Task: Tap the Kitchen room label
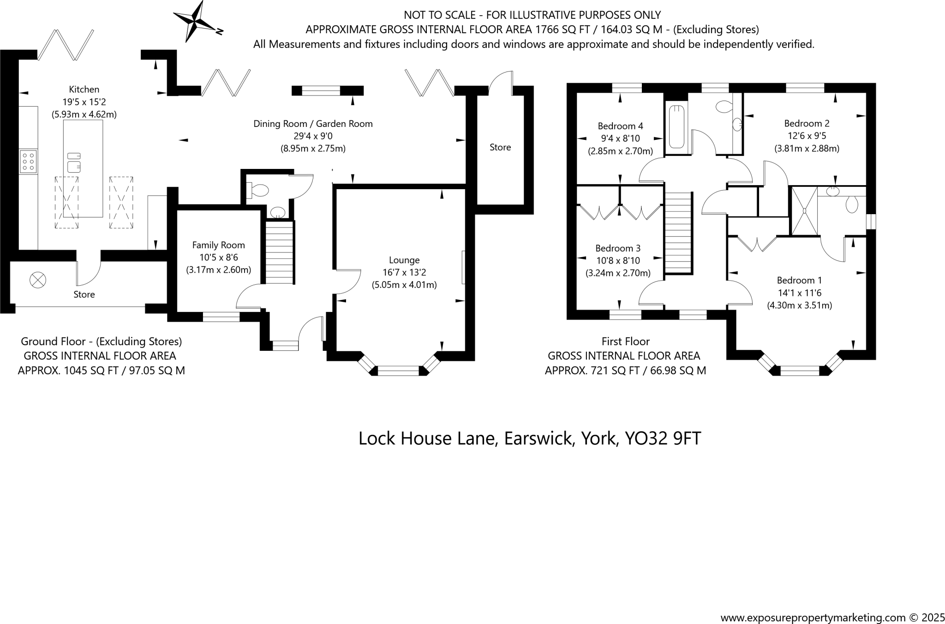(84, 90)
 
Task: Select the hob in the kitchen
(28, 162)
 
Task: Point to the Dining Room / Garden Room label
(313, 124)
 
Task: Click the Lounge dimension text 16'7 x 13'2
(404, 273)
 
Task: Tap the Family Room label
(218, 245)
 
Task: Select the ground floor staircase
(280, 252)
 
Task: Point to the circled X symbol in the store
(38, 280)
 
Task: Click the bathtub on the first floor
(676, 126)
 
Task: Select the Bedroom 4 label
(620, 126)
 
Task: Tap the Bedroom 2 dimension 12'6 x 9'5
(807, 136)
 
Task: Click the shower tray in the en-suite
(804, 210)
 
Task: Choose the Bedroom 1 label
(799, 280)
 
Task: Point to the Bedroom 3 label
(618, 248)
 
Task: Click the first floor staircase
(679, 233)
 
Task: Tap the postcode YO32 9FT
(663, 438)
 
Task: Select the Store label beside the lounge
(500, 147)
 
